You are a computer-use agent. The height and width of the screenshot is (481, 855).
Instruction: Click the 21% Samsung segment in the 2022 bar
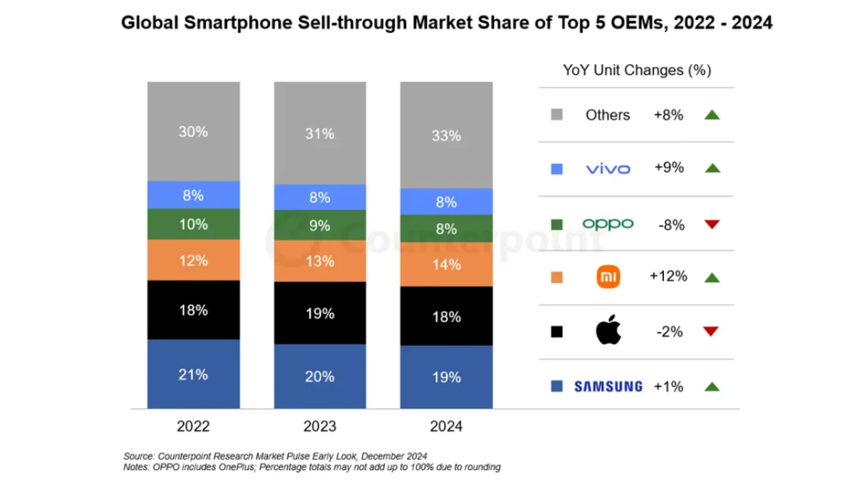click(x=193, y=373)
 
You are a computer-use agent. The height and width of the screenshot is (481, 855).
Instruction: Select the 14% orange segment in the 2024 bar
click(x=446, y=264)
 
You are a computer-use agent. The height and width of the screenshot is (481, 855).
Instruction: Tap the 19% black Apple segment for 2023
click(x=320, y=314)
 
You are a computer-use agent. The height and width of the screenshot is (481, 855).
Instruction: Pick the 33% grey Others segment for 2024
click(x=446, y=135)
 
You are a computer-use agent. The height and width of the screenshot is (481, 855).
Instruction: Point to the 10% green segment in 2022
click(x=193, y=224)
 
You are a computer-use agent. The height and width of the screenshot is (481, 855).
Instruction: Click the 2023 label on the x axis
click(x=320, y=427)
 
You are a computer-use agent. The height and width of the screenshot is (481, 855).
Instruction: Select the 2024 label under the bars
click(x=446, y=427)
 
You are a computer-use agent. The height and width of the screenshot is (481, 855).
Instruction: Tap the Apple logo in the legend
click(x=608, y=331)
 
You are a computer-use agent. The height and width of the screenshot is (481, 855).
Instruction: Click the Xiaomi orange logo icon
click(x=608, y=277)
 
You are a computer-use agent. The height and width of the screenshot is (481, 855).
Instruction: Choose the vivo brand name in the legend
click(x=608, y=169)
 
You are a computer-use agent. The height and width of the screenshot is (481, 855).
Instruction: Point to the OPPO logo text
click(x=608, y=224)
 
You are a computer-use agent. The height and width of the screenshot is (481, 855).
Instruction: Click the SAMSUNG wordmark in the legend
click(x=608, y=386)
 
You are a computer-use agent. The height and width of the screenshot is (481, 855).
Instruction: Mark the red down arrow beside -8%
click(x=711, y=224)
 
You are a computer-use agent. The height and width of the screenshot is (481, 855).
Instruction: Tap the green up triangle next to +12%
click(x=711, y=277)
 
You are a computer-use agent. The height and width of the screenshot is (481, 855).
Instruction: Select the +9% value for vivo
click(x=668, y=168)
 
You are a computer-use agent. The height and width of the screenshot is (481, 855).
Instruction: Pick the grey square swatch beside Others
click(x=557, y=115)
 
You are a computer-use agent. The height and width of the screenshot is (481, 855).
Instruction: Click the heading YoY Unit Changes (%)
click(x=637, y=70)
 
